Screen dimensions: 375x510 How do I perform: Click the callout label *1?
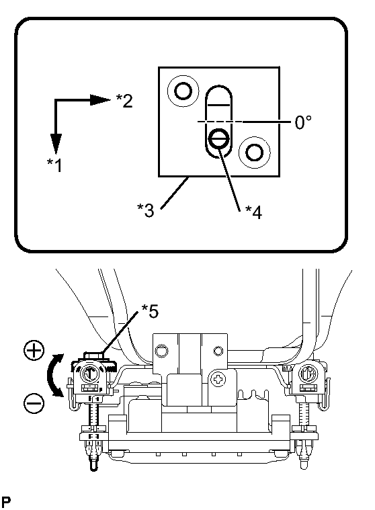coord(54,165)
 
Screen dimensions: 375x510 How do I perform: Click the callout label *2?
coord(124,100)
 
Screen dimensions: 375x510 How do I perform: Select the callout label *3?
coord(146,210)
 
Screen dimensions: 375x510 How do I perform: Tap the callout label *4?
coord(253,212)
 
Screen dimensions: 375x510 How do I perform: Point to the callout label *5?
coord(150,310)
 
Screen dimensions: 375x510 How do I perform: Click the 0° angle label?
coord(303,122)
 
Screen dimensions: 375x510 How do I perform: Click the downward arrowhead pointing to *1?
coord(56,143)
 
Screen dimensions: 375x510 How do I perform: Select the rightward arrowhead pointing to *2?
coord(100,100)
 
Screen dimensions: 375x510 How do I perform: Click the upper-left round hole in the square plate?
coord(183,91)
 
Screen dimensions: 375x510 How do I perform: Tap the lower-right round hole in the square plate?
coord(254,153)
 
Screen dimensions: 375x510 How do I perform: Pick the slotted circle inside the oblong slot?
coord(218,139)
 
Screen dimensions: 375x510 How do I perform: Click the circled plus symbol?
coord(34,351)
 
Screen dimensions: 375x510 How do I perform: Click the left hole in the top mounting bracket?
coord(161,351)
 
